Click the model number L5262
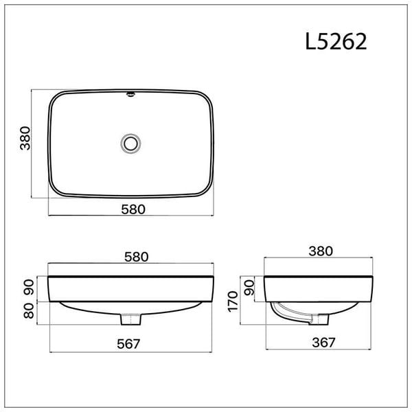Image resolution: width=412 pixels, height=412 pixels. [x=336, y=42]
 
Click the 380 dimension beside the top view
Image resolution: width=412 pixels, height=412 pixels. [x=25, y=138]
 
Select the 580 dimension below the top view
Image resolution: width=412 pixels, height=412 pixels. [x=133, y=209]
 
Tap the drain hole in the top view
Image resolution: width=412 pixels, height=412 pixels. [x=130, y=144]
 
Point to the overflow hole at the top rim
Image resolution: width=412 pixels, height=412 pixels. [x=130, y=94]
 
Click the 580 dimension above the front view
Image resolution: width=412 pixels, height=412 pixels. [x=137, y=257]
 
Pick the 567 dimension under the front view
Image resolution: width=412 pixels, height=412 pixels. [x=129, y=344]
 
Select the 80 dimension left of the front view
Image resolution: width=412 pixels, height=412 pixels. [x=29, y=311]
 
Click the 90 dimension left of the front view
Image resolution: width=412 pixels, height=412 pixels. [x=29, y=288]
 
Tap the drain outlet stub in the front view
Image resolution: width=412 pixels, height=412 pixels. [x=131, y=319]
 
